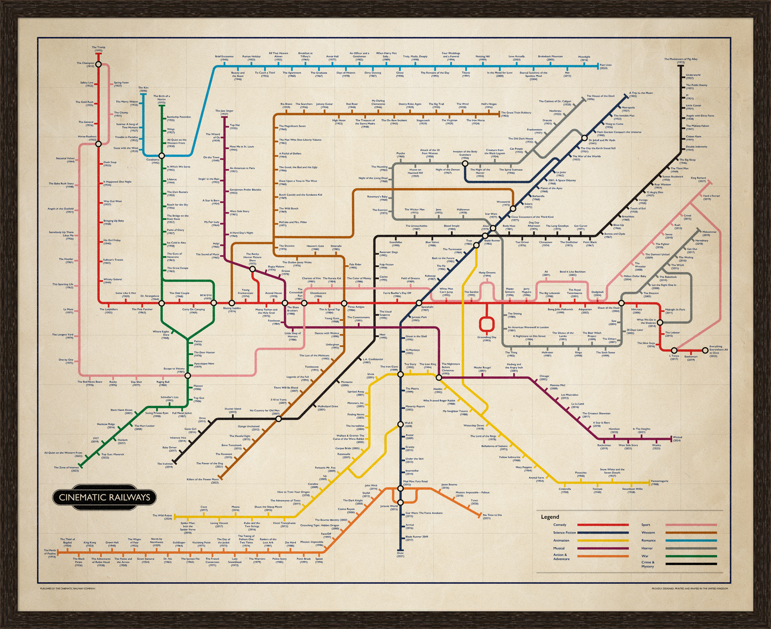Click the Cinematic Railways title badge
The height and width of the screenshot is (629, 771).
[x=104, y=497]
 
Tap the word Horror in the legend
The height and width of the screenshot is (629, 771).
[x=647, y=548]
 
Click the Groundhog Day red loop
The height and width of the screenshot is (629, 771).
[x=486, y=324]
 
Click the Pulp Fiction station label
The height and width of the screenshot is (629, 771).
[x=386, y=266]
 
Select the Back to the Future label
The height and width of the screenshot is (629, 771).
[x=443, y=260]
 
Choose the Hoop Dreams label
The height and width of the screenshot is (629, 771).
[x=487, y=274]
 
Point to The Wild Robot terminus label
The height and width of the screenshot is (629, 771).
[x=162, y=516]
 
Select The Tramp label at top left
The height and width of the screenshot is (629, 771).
[x=98, y=49]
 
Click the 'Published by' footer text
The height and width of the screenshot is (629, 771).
[x=68, y=588]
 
